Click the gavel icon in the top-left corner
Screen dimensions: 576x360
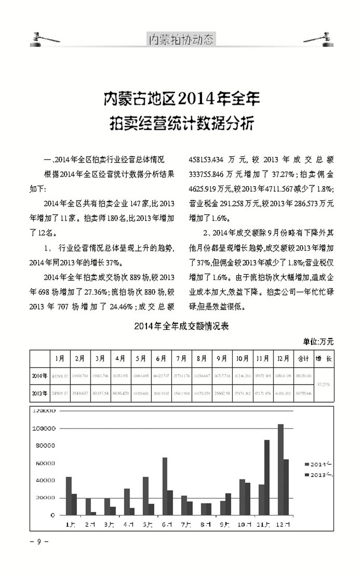44,38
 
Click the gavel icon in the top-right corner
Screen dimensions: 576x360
318,38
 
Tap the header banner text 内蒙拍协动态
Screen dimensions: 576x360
181,40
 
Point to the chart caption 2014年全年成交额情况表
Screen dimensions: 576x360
181,326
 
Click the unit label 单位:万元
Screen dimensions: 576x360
318,342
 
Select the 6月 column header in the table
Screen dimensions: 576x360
161,359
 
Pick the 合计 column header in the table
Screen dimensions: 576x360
303,359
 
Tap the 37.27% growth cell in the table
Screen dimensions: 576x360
323,384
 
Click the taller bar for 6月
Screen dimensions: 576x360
164,486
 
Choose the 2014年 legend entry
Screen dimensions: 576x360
318,464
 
